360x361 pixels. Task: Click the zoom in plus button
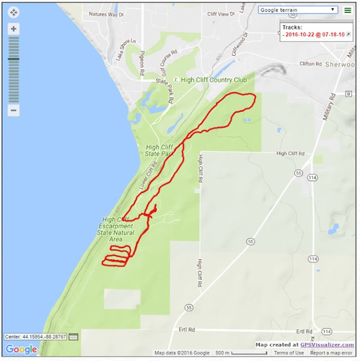pos(14,29)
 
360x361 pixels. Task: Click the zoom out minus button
pos(14,110)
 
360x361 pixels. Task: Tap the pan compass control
pos(14,12)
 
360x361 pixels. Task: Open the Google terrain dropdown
pos(297,10)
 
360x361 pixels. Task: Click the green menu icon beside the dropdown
pos(348,10)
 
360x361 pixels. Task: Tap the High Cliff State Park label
pos(159,150)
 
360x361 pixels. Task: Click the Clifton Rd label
pos(311,64)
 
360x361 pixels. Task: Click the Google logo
pos(21,349)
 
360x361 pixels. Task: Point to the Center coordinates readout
pos(36,337)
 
